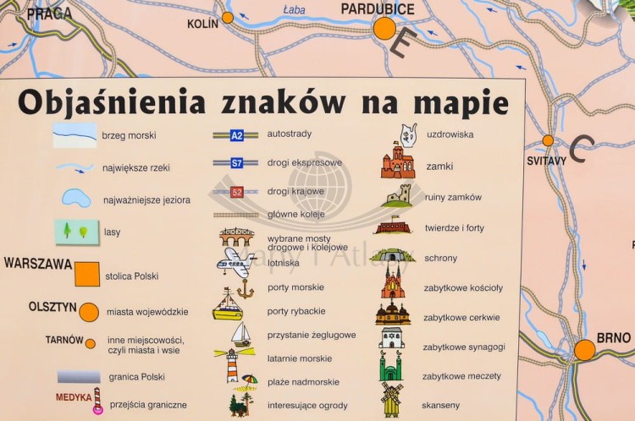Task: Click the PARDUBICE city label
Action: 378,9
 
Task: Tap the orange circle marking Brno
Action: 584,350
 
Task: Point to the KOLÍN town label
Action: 203,24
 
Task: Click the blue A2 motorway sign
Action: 237,135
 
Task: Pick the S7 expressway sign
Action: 237,163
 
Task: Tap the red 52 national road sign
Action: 237,192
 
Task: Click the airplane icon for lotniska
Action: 235,262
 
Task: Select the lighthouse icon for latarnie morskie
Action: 232,364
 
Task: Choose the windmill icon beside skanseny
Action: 391,398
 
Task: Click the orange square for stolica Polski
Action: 86,274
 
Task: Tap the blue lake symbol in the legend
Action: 75,199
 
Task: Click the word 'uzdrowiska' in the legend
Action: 450,134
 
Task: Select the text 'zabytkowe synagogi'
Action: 463,347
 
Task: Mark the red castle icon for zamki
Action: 397,162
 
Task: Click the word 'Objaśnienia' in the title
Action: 111,102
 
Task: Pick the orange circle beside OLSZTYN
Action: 89,312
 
